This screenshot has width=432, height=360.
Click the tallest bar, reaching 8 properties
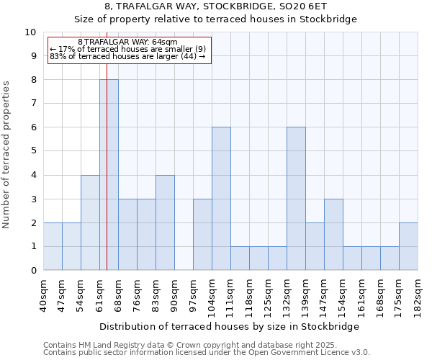point(109,175)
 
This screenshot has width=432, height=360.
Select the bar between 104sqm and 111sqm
point(221,199)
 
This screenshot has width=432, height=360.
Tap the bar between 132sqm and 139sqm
point(296,199)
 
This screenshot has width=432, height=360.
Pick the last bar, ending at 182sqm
point(408,246)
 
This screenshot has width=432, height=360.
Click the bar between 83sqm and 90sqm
point(165,222)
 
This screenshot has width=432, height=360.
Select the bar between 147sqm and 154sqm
point(333,235)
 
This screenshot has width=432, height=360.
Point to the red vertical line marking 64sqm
point(107,180)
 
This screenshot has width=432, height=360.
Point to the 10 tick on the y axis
point(30,32)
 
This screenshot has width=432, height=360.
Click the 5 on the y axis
point(32,151)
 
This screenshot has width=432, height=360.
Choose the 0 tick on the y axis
point(32,271)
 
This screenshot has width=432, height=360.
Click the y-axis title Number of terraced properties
point(7,154)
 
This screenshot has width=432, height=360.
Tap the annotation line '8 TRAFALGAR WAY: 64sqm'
point(127,42)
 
